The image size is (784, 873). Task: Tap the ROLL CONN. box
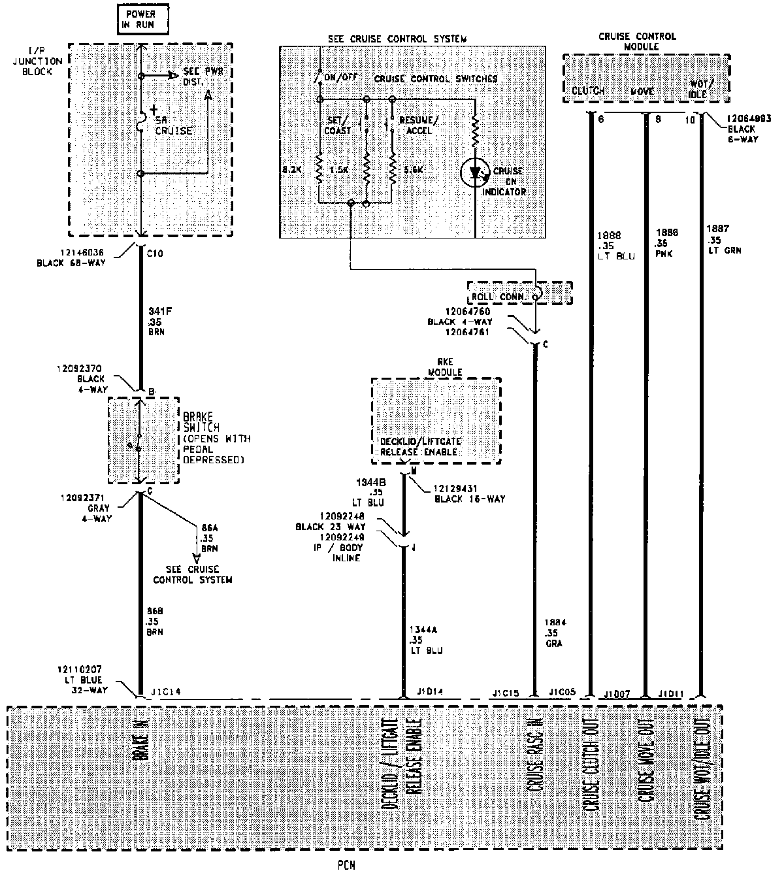point(519,294)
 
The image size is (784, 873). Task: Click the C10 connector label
point(155,254)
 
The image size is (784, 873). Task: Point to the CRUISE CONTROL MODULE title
point(628,42)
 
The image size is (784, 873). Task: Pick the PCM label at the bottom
point(348,865)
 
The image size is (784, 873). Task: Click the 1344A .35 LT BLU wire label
point(426,640)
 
